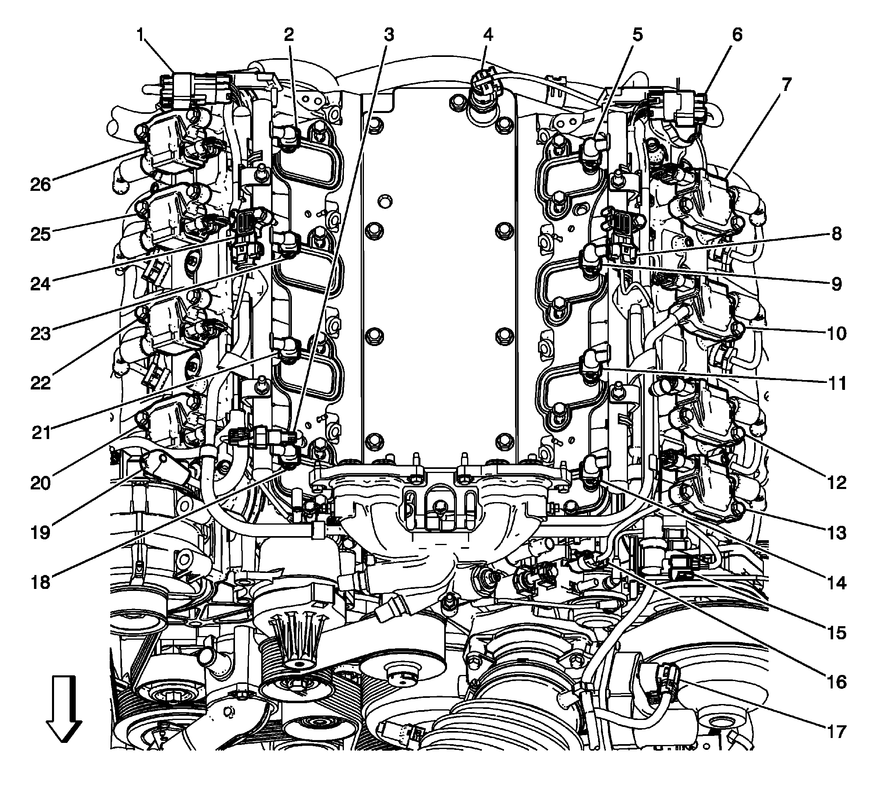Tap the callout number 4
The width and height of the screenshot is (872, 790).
click(488, 35)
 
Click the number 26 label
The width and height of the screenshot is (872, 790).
click(41, 185)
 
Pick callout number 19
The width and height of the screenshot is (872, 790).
click(41, 532)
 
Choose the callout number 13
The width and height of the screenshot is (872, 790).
click(836, 532)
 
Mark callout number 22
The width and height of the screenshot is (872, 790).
click(41, 383)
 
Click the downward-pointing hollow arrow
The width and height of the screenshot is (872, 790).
click(63, 710)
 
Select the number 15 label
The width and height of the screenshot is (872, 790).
click(836, 632)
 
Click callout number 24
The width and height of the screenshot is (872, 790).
click(41, 284)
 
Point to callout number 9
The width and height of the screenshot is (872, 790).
click(836, 284)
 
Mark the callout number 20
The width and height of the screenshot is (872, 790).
click(41, 483)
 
